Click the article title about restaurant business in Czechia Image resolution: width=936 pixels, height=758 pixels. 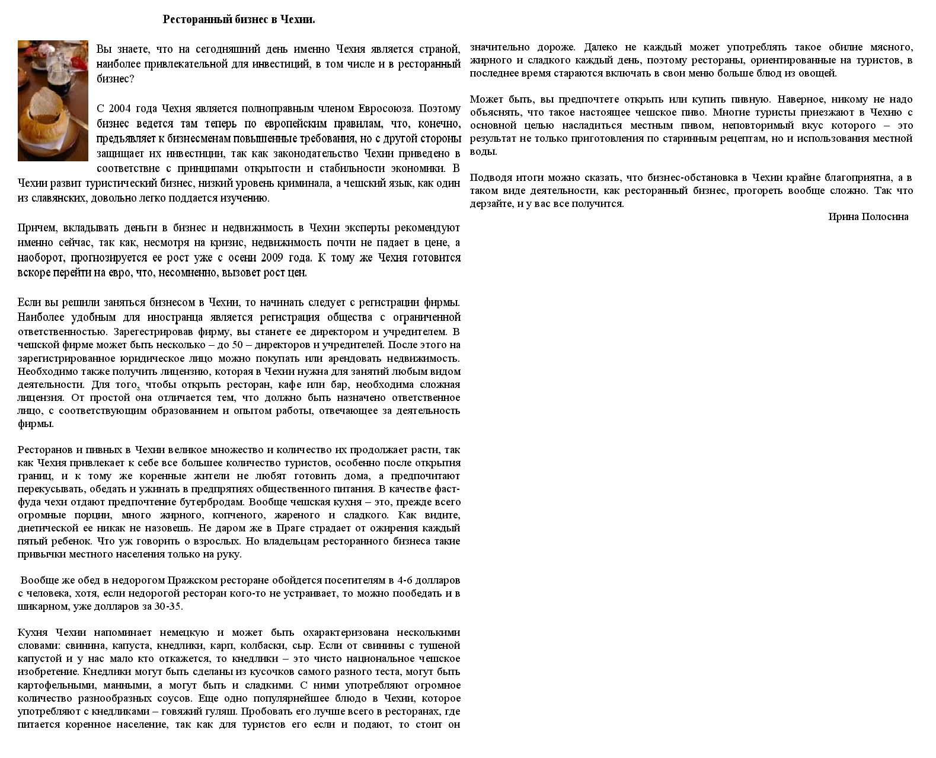point(239,20)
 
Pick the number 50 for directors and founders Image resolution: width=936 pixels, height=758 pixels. point(238,345)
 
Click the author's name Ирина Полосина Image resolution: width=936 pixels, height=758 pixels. point(868,217)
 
